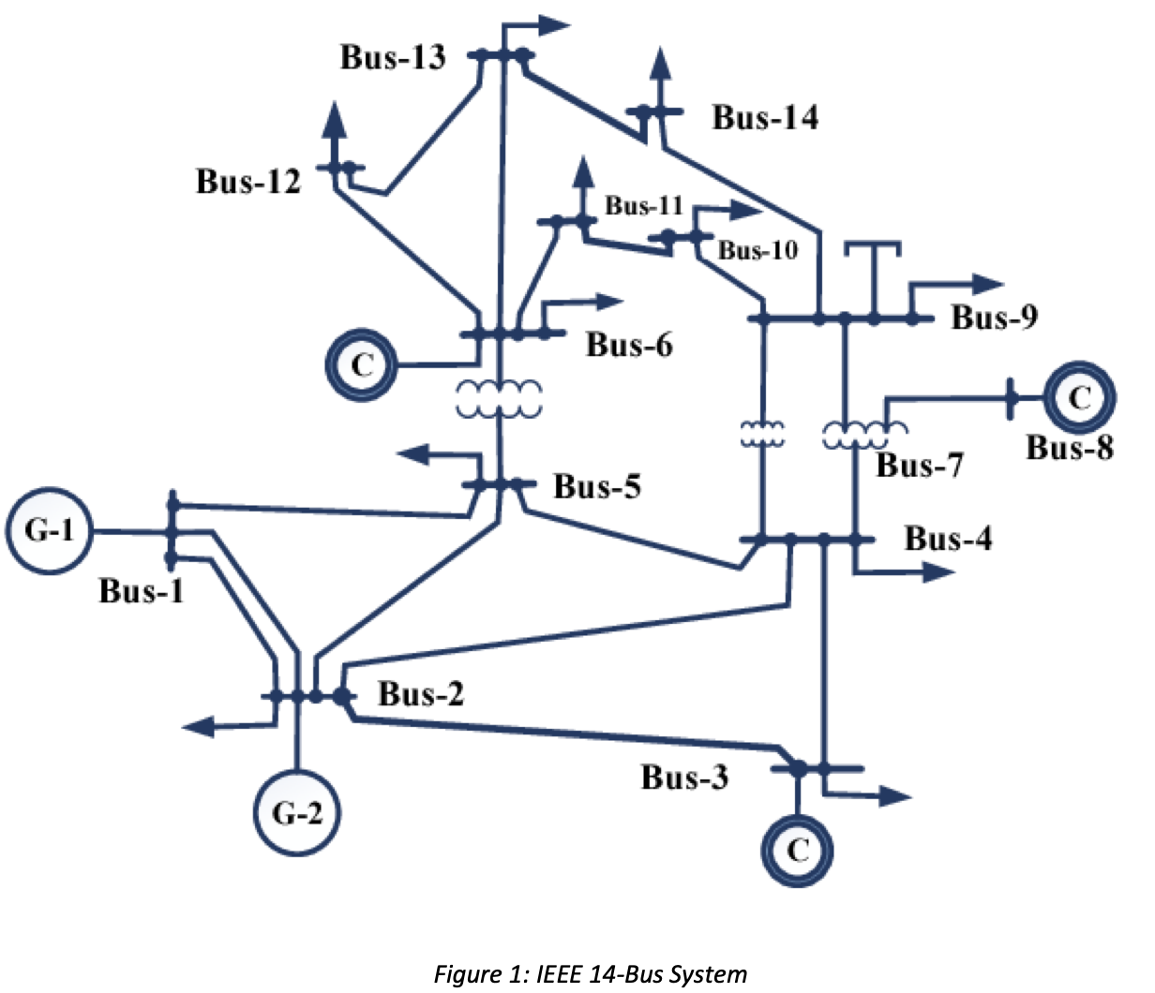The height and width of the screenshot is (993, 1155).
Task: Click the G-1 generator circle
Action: tap(49, 530)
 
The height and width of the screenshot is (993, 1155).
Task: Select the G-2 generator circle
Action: tap(297, 812)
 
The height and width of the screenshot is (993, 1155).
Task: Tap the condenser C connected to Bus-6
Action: tap(361, 365)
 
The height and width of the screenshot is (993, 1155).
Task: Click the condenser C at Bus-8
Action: tap(1079, 398)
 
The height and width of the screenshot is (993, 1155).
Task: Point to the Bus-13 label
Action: tap(393, 57)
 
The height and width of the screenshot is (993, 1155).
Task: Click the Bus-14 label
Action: tap(765, 117)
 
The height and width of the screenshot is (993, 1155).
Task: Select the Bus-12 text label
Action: tap(248, 181)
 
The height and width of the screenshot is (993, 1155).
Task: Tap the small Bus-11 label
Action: tap(644, 205)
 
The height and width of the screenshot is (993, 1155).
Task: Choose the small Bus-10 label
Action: tap(757, 250)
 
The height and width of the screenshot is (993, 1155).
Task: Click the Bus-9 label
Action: tap(995, 318)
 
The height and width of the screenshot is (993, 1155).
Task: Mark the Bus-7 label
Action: tap(920, 465)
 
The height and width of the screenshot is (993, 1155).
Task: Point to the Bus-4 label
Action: tap(948, 539)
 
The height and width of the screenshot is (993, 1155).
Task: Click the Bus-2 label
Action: tap(421, 694)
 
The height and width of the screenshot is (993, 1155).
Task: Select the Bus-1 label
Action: tap(142, 591)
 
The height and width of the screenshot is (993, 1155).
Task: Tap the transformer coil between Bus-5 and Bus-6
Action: tap(499, 399)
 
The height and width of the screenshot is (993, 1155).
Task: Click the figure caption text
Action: tap(591, 974)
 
